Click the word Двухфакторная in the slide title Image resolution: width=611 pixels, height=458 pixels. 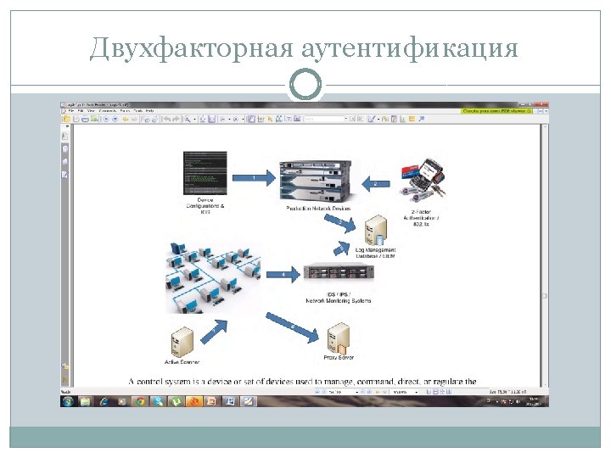click(193, 47)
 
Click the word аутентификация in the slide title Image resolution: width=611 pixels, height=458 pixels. click(409, 47)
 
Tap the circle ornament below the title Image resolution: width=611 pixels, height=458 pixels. click(305, 83)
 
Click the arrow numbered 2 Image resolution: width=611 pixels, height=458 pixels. click(375, 183)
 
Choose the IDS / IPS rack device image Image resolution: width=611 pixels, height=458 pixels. click(339, 272)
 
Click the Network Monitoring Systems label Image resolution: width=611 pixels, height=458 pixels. click(338, 300)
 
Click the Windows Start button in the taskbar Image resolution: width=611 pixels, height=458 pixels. click(69, 400)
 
